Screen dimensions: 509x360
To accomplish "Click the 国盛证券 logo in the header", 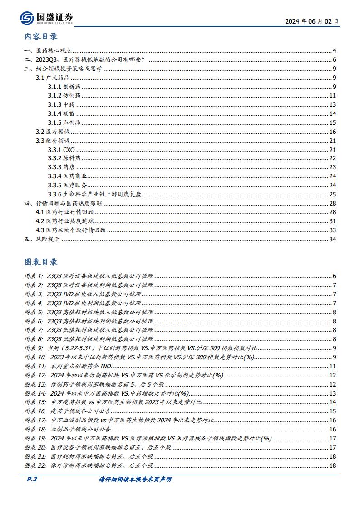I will click(46, 18).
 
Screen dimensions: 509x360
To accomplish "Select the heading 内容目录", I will click(41, 37).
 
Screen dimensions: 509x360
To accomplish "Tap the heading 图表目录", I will click(41, 262).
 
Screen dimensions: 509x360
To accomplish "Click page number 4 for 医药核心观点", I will click(334, 51).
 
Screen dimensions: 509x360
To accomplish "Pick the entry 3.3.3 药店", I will click(61, 167).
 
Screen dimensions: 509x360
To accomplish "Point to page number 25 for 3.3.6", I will click(332, 194).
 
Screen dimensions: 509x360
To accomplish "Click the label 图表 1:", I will click(34, 276).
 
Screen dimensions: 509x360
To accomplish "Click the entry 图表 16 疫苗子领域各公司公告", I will click(75, 411).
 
